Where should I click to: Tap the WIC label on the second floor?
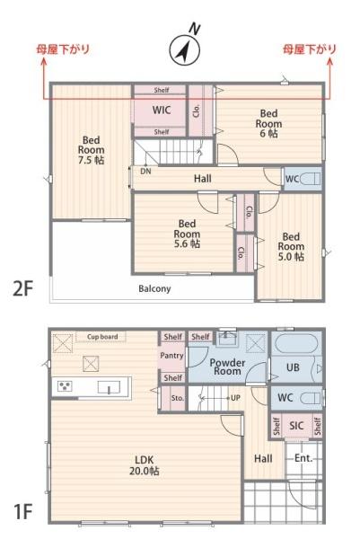coord(162,110)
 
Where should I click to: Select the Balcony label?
coord(154,288)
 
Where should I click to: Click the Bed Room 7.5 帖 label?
coord(91,150)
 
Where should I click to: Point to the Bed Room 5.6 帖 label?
coord(187,234)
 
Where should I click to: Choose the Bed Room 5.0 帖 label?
coord(291,246)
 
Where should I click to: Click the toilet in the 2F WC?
coord(311,179)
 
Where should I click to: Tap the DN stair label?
coord(145,171)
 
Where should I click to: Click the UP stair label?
coord(235,398)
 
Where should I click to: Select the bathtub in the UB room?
coord(295,343)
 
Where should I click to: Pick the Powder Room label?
coord(227,367)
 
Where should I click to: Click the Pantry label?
coord(171,356)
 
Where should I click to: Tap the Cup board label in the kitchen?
coord(102,337)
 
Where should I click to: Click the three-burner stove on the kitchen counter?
coord(65,386)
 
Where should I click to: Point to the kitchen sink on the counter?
coord(109,387)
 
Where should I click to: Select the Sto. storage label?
coord(177,398)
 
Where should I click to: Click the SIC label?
coord(296,426)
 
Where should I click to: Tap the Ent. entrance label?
coord(304,458)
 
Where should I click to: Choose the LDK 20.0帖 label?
coord(145,465)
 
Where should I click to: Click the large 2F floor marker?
coord(22,288)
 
